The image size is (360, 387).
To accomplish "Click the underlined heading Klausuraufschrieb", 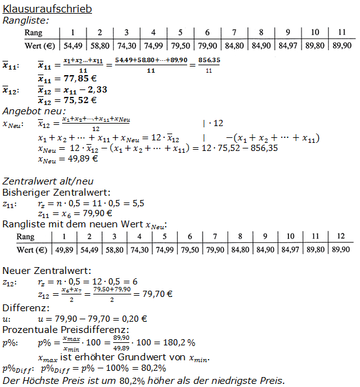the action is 47,9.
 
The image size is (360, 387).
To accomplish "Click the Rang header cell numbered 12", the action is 339,237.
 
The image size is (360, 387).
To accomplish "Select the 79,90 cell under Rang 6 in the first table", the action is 207,45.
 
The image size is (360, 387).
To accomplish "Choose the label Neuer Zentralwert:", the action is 46,271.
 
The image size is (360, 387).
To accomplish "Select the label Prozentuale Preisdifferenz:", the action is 66,329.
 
